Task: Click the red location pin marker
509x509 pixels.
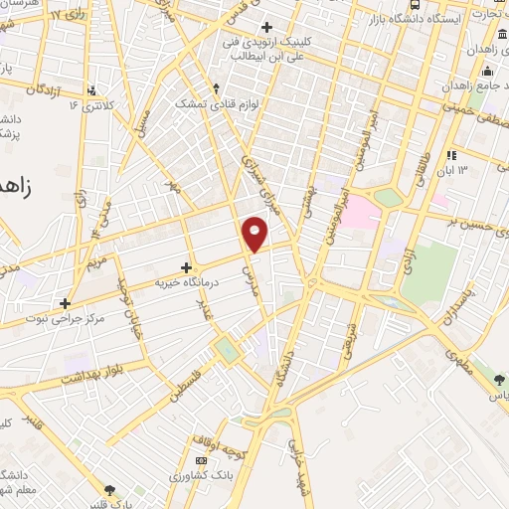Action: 256,233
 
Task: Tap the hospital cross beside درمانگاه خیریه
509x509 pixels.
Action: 187,267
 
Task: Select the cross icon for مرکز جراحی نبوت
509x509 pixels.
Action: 66,303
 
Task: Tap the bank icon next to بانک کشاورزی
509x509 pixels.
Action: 202,461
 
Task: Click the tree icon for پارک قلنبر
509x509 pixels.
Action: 110,489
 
